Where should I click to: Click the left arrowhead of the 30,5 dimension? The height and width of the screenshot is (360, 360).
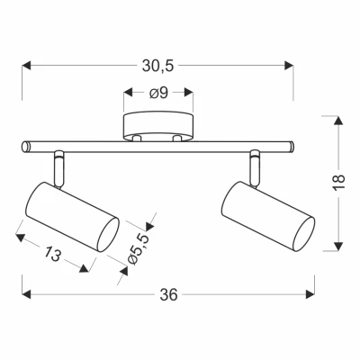point(24,66)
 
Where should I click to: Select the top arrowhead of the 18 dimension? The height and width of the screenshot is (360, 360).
point(337,117)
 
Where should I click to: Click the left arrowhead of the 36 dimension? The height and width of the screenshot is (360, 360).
point(24,293)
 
